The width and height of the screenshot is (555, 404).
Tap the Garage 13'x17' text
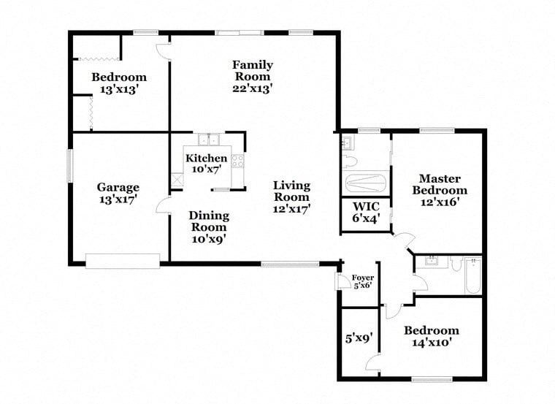point(118,193)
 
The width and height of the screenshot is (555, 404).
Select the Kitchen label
point(206,164)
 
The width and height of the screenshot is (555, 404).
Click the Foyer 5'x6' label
point(363,281)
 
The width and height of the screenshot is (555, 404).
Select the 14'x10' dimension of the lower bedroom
point(432,343)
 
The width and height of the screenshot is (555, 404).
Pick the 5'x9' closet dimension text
point(359,338)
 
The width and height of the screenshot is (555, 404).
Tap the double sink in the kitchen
point(208,140)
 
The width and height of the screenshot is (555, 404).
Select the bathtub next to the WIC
point(366,183)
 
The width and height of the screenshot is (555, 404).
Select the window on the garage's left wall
point(70,165)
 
